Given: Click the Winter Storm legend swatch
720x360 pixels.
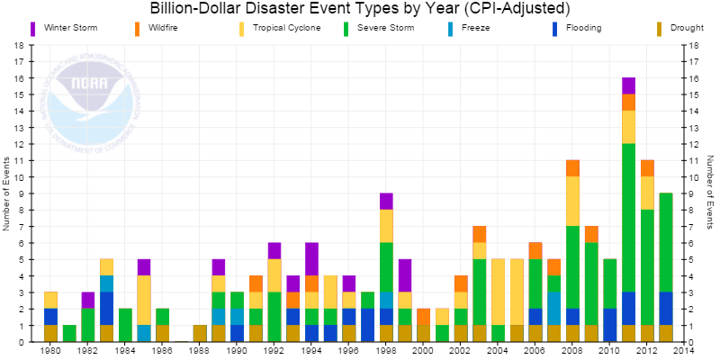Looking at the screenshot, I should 33,29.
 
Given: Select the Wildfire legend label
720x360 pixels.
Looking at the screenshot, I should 163,29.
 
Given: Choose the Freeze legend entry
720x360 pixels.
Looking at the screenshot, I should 474,29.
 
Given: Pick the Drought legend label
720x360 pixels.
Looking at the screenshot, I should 687,29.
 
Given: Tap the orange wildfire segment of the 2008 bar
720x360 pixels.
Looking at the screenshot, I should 572,168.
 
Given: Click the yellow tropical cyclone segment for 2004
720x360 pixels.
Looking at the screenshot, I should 499,292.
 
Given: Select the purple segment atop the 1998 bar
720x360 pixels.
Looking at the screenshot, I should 386,202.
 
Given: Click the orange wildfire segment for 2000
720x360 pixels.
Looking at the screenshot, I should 423,317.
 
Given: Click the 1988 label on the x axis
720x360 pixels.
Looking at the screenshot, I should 200,352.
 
